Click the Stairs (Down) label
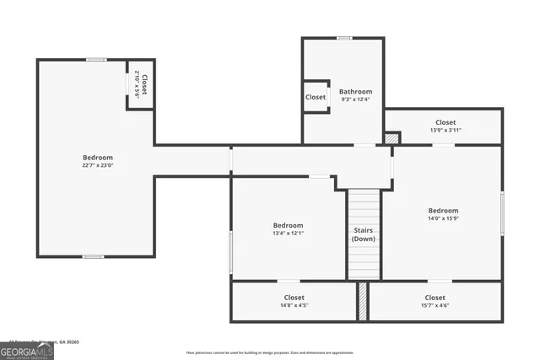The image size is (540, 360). point(364,234)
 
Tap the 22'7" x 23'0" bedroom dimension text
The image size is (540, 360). point(98,165)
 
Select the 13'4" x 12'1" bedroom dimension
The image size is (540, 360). point(288,233)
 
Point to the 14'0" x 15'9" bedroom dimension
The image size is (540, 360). point(443,218)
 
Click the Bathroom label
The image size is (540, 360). point(355,91)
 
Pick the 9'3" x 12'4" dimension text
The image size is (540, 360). point(355,99)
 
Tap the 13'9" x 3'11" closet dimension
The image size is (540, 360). point(445,131)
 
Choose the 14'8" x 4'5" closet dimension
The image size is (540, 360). point(294,305)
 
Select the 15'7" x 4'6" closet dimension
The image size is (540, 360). point(435,305)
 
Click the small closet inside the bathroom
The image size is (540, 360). point(316,97)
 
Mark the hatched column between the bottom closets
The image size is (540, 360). point(363,301)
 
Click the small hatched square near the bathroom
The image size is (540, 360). point(391,137)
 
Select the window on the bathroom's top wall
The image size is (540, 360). point(344,38)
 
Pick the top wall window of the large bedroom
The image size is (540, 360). point(96,59)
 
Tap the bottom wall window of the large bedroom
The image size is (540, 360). point(93,256)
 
